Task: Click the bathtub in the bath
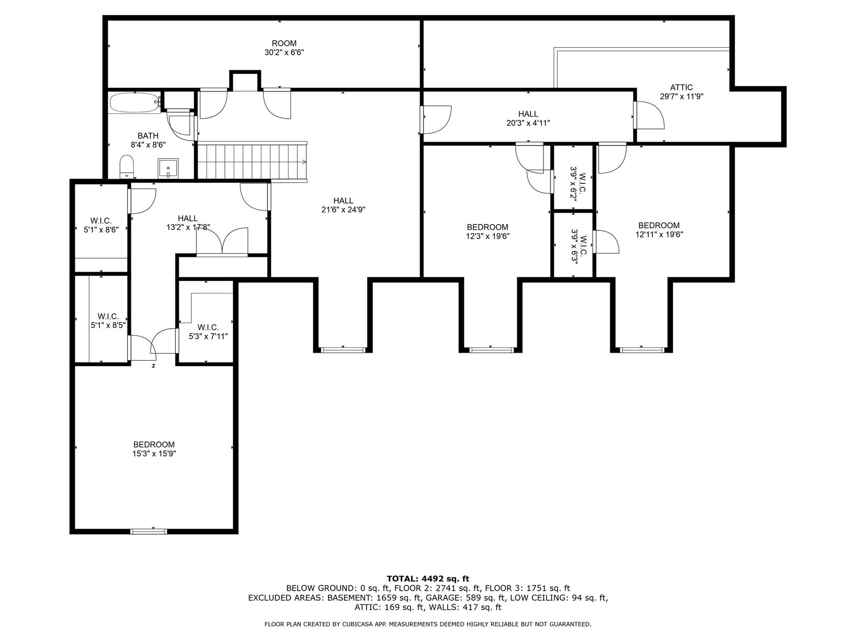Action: point(134,103)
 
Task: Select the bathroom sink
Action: point(168,169)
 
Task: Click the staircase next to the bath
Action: point(252,161)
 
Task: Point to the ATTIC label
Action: point(681,87)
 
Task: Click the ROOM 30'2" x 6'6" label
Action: point(284,48)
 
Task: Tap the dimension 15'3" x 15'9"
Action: point(154,454)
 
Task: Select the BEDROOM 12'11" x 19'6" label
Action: point(659,230)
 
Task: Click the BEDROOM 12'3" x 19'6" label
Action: point(488,232)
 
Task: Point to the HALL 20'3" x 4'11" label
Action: point(528,119)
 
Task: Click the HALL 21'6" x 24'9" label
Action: point(343,205)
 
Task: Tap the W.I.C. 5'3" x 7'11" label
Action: point(208,332)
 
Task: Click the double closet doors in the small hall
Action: point(222,242)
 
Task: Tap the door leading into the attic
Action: point(649,115)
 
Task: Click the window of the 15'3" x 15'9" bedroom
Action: point(149,531)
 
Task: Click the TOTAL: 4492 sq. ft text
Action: point(428,579)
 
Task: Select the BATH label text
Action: point(148,136)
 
